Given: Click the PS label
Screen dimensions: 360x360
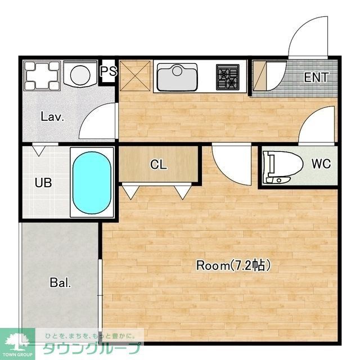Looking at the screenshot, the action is point(109,71).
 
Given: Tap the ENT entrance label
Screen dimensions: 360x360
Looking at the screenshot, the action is point(316,78).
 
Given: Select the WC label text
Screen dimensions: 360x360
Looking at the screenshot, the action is point(321,164).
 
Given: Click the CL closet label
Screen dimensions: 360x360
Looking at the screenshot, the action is point(159,164).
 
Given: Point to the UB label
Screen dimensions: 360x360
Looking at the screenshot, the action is point(43,182).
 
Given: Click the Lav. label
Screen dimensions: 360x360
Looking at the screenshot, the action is point(52,116).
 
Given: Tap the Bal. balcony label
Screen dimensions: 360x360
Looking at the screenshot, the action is point(60,282).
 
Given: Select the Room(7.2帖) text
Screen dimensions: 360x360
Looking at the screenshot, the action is point(233,265).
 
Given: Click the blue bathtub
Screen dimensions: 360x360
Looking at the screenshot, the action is point(92,183).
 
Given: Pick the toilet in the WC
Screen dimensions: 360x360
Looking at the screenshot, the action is point(282,167).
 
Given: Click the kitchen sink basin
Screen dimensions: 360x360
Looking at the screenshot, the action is point(177,77).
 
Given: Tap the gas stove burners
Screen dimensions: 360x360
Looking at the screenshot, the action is point(227,77).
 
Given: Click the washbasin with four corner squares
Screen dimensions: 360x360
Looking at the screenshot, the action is point(42,75).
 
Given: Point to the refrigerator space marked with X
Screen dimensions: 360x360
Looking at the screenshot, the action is point(135,76).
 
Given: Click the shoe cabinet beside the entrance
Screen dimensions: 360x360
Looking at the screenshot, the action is point(259,76).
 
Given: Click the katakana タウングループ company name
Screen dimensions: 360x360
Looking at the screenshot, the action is point(92,348).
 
